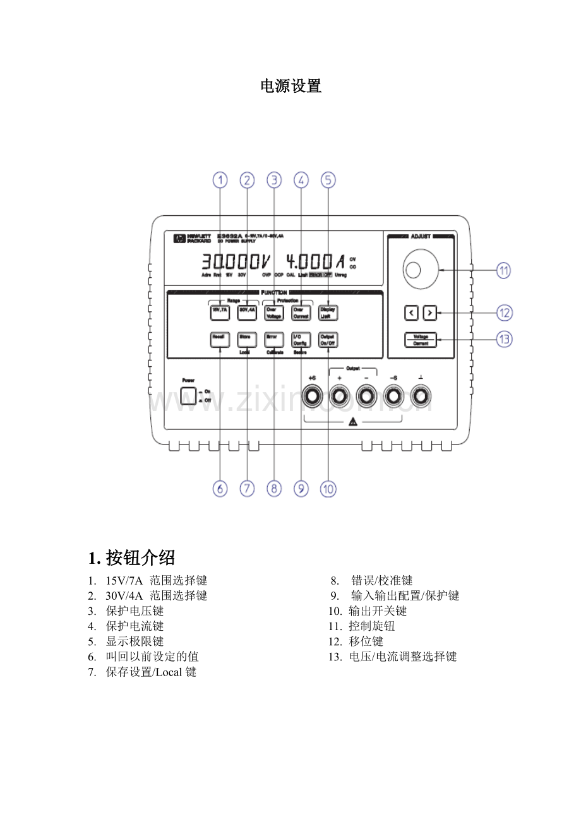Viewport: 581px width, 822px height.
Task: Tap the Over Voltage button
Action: (x=273, y=312)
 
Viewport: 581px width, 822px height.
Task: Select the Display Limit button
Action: (x=328, y=312)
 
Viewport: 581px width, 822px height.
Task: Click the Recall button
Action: (x=219, y=339)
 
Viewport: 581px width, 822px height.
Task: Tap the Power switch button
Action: (x=188, y=396)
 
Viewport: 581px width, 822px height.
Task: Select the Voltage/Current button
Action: (x=421, y=340)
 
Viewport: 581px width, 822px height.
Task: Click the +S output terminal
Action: (x=312, y=396)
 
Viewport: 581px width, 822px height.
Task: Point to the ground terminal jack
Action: (x=420, y=396)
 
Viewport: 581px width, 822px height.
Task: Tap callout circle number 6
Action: (x=220, y=489)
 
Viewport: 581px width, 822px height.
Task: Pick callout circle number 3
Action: (x=274, y=181)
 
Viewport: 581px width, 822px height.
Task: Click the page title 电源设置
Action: (x=291, y=86)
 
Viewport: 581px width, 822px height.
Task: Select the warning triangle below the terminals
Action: (x=352, y=422)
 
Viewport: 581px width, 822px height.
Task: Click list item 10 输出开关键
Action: (x=369, y=611)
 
